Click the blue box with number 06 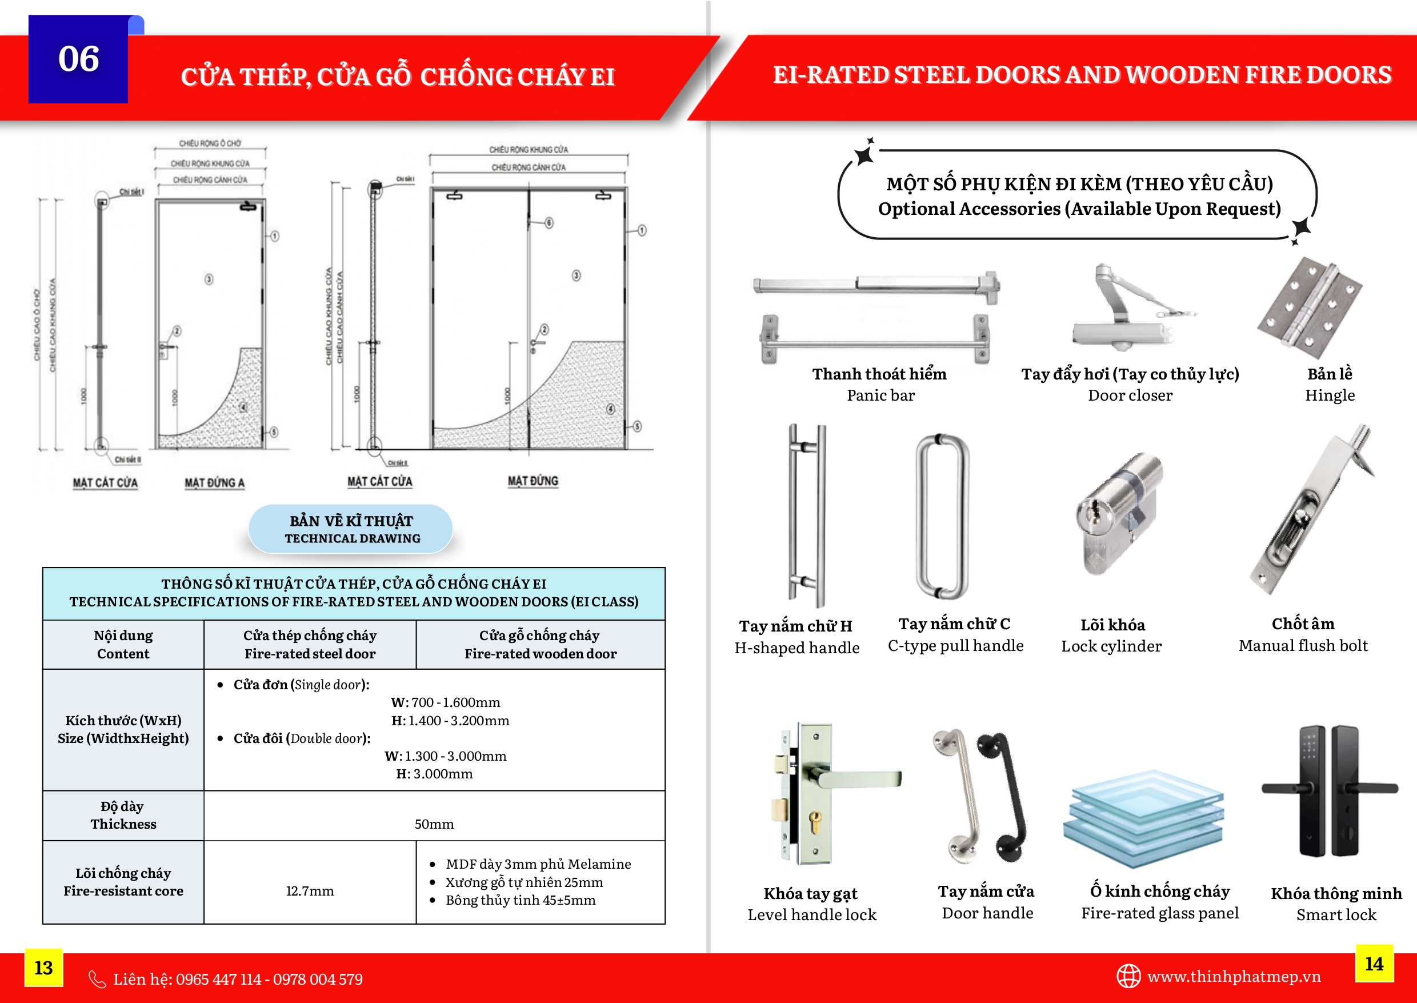(x=78, y=59)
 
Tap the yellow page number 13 (x=43, y=967)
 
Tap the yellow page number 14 (x=1374, y=964)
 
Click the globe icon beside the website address (x=1128, y=977)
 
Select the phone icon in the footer (x=97, y=979)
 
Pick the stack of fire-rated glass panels (x=1143, y=819)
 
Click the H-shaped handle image (x=806, y=516)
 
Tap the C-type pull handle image (x=942, y=516)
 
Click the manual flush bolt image (x=1312, y=510)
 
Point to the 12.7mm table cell (x=309, y=890)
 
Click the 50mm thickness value (x=434, y=824)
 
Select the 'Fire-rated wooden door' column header (x=541, y=644)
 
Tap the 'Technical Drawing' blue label (x=351, y=529)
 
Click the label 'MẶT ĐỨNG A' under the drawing (x=214, y=483)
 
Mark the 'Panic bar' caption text (x=880, y=395)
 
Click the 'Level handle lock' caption (x=811, y=914)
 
